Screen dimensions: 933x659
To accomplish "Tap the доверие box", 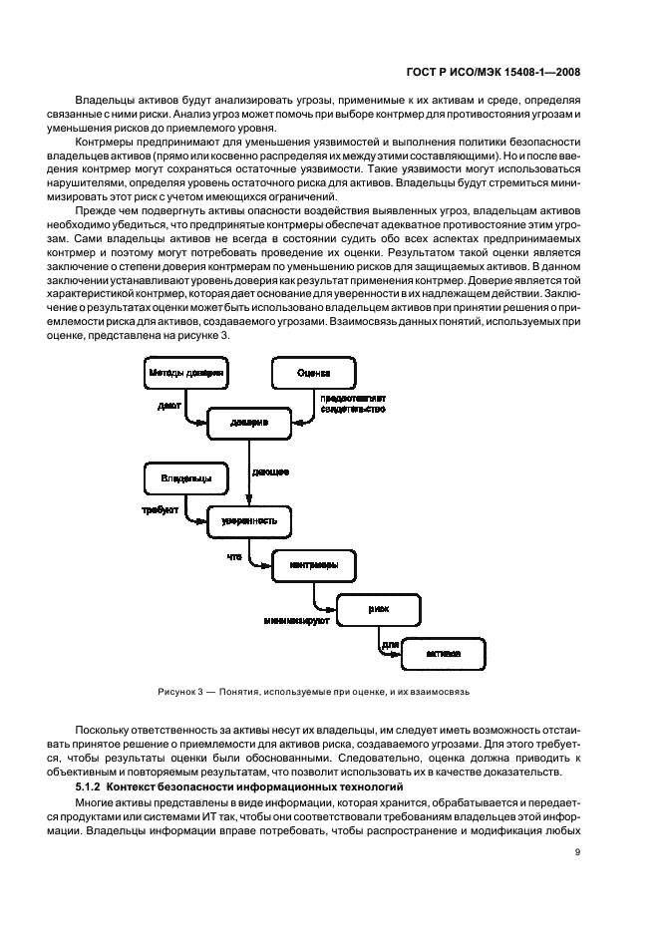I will (x=249, y=423).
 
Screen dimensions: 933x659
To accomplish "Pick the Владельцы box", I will (x=185, y=478).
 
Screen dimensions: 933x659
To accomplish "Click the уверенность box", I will (x=249, y=521).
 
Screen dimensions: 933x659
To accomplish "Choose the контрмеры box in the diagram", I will (x=313, y=565).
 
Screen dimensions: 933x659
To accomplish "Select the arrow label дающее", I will (x=270, y=470).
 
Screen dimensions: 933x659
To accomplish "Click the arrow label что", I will (x=235, y=555).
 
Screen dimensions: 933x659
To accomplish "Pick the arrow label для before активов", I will (x=390, y=643).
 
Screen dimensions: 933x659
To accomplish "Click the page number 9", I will (x=578, y=851).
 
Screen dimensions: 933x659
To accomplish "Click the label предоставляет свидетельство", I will (x=352, y=403).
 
